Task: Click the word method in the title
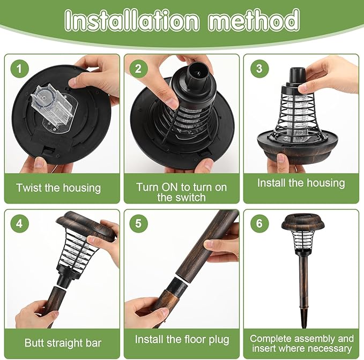pos(254,21)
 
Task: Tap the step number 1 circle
pos(20,69)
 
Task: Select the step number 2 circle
pos(139,69)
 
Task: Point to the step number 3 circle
pos(259,69)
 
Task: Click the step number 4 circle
pos(20,223)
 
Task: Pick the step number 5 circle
pos(139,223)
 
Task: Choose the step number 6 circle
pos(259,223)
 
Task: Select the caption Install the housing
pos(301,183)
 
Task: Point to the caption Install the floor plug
pos(182,339)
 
